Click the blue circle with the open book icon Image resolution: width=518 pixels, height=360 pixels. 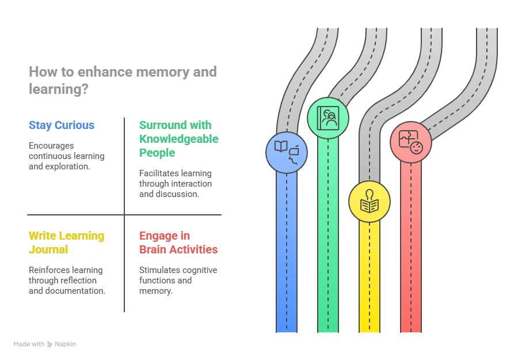(286, 153)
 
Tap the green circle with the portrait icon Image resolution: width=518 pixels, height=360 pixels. (327, 119)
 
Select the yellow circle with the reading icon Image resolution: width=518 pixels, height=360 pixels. (369, 202)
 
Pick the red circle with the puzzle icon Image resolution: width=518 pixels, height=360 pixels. (410, 142)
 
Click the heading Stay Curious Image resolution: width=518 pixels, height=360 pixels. (61, 125)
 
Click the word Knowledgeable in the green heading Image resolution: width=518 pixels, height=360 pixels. (178, 139)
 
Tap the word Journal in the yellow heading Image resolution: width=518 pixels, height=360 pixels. (48, 249)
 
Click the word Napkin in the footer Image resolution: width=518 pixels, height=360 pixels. (66, 344)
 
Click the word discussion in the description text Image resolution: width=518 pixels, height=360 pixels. (178, 194)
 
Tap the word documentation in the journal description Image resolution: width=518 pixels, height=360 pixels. (76, 291)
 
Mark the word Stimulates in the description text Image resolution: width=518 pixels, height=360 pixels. (159, 270)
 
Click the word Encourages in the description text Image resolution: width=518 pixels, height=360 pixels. (51, 146)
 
